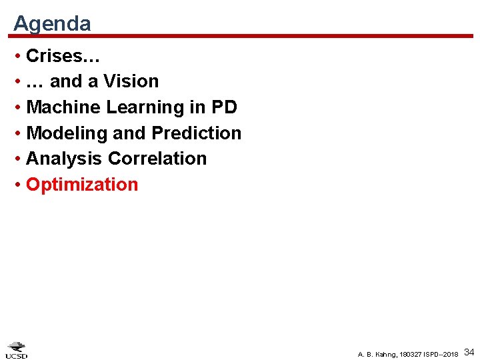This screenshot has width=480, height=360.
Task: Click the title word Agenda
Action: (x=52, y=24)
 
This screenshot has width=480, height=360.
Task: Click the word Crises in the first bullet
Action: (x=53, y=55)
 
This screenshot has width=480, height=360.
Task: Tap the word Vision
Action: (x=131, y=81)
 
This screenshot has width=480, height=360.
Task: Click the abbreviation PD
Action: (x=225, y=107)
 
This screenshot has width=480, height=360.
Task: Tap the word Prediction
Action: (x=197, y=133)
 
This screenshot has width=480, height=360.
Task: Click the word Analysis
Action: (x=65, y=159)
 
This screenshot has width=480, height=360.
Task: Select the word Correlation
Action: (x=157, y=159)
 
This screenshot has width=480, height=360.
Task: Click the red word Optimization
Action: (x=82, y=185)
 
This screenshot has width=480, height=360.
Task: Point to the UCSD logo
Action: (x=17, y=350)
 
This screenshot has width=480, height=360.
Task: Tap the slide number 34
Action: (x=469, y=351)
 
